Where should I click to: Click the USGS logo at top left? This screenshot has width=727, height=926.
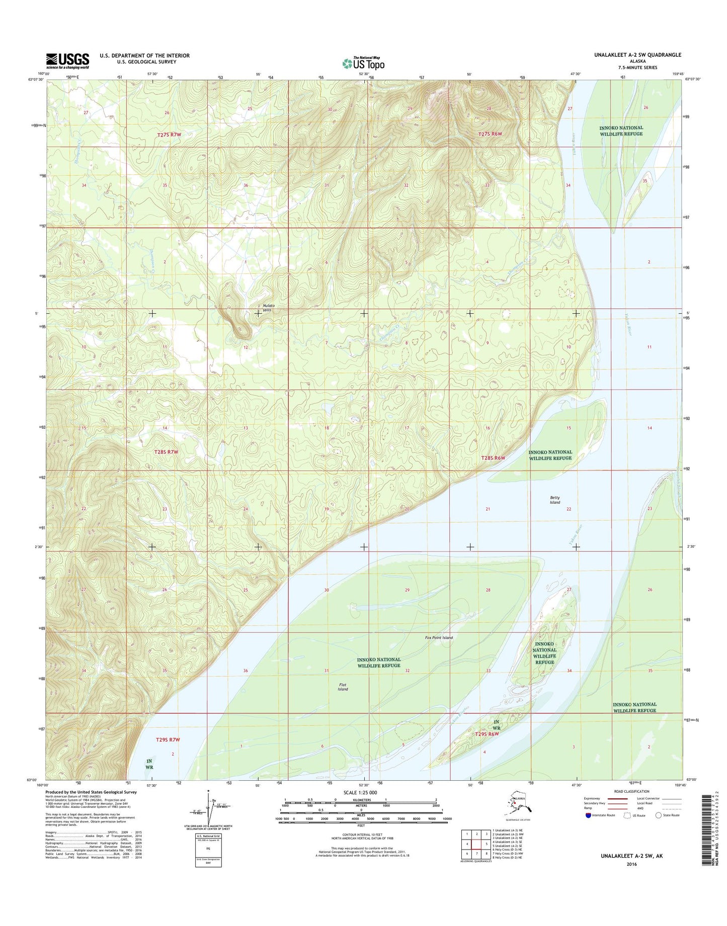pyautogui.click(x=67, y=61)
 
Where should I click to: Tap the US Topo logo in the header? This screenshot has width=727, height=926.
pyautogui.click(x=363, y=63)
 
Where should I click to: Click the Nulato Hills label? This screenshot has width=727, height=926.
pyautogui.click(x=267, y=308)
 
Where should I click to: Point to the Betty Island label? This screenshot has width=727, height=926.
pyautogui.click(x=554, y=500)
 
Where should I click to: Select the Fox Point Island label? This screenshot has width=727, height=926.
pyautogui.click(x=439, y=637)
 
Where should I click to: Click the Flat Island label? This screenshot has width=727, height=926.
pyautogui.click(x=343, y=687)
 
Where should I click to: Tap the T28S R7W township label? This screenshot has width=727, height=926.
pyautogui.click(x=166, y=452)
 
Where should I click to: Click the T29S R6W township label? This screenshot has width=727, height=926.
pyautogui.click(x=487, y=734)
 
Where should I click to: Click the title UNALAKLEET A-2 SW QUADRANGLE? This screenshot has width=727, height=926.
pyautogui.click(x=637, y=55)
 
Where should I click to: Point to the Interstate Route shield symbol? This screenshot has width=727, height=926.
pyautogui.click(x=588, y=815)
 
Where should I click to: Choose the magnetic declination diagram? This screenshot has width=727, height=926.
pyautogui.click(x=208, y=808)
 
